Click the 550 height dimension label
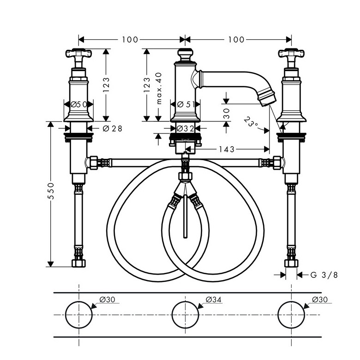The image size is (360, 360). point(51,191)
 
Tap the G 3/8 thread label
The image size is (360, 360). point(324,275)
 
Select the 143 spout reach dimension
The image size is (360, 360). point(226,150)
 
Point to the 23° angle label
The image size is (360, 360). point(251,123)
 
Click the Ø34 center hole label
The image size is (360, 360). point(214,300)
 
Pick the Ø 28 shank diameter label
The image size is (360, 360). point(113,129)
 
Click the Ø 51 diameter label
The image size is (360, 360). point(186,104)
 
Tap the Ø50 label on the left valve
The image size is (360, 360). point(79,104)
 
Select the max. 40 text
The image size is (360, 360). point(159,89)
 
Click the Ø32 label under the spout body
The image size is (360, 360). point(186,129)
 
